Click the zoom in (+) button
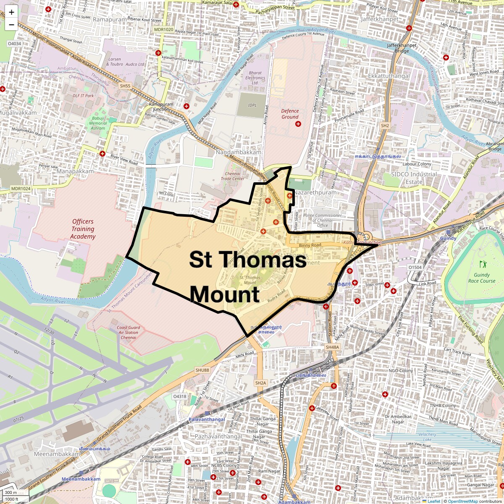point(11,12)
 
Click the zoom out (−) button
point(11,25)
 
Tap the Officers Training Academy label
point(83,229)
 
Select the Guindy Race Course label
point(482,278)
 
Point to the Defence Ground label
point(290,114)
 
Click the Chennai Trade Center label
point(233,176)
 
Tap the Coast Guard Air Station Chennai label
point(129,332)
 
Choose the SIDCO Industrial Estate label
point(414,178)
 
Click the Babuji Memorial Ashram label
point(98,123)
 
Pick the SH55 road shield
point(125,86)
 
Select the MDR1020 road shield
point(163,29)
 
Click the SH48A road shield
point(332,347)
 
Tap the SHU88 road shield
point(202,370)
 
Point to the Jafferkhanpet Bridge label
point(402,48)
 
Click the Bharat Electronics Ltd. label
point(255,78)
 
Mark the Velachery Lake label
point(427,437)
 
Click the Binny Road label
point(310,245)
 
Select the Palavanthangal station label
point(206,419)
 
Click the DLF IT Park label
point(83,96)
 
